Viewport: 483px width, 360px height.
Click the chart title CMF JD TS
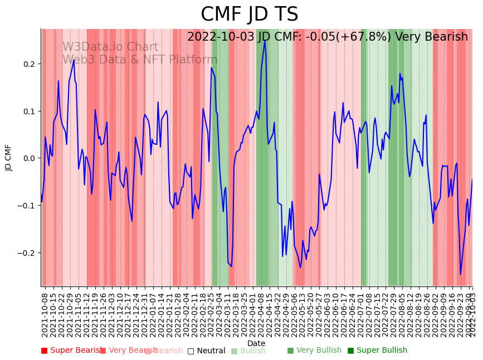(249, 14)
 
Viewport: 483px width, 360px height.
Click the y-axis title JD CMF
(8, 158)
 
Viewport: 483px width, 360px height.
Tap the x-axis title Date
(256, 343)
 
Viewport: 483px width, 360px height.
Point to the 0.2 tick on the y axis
(29, 64)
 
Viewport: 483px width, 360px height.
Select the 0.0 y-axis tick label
(29, 158)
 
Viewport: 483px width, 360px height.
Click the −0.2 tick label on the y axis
(27, 252)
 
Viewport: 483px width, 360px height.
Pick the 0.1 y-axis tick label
(29, 111)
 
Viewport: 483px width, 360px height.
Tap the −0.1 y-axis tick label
(27, 206)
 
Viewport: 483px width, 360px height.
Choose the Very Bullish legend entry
(314, 351)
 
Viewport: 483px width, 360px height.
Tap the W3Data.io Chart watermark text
(110, 47)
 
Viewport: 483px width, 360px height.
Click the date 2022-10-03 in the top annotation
(221, 37)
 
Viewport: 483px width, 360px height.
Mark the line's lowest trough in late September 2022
(460, 274)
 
